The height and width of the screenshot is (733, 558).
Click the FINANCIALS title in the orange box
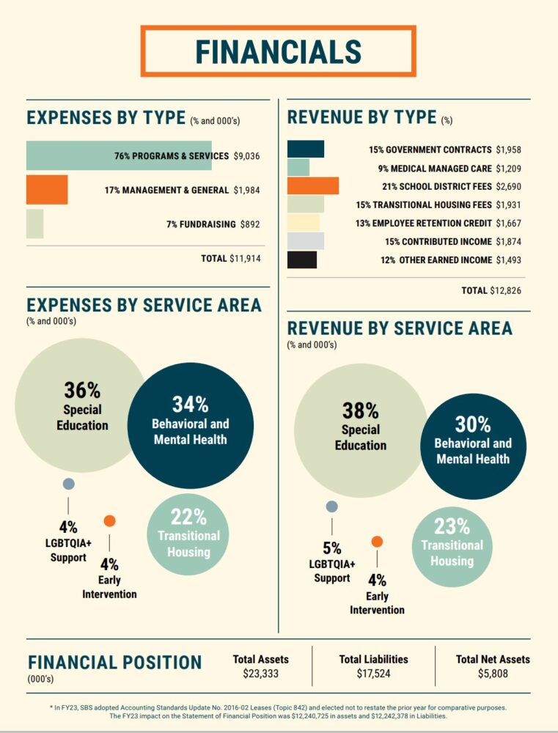click(x=279, y=51)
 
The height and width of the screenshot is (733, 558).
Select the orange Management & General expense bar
click(x=47, y=190)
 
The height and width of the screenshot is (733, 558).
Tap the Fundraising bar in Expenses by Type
click(x=34, y=224)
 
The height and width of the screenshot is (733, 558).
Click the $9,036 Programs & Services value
click(x=246, y=156)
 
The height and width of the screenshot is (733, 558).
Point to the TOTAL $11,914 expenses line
click(x=230, y=258)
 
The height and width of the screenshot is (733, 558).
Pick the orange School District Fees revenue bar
click(x=313, y=186)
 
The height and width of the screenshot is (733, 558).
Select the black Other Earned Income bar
click(x=302, y=260)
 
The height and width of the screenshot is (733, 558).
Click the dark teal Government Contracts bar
click(x=306, y=150)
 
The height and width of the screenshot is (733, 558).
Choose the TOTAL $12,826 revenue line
click(x=491, y=291)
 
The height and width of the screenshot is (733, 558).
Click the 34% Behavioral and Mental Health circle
click(x=191, y=426)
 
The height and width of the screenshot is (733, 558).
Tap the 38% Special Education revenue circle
click(x=360, y=430)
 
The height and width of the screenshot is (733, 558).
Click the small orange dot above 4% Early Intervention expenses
click(x=109, y=521)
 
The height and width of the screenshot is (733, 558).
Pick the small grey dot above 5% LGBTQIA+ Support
click(x=331, y=507)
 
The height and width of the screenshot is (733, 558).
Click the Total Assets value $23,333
click(x=260, y=673)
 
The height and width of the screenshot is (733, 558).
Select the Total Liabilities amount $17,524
click(x=373, y=673)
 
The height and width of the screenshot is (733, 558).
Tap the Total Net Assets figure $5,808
click(x=492, y=673)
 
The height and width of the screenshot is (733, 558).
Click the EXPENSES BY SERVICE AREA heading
click(x=144, y=305)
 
